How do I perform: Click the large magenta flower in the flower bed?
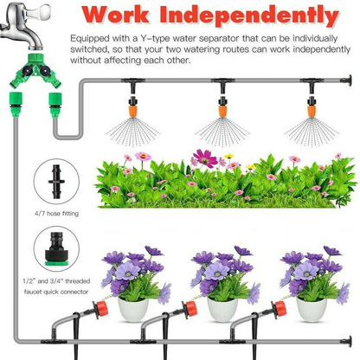[203, 158]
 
